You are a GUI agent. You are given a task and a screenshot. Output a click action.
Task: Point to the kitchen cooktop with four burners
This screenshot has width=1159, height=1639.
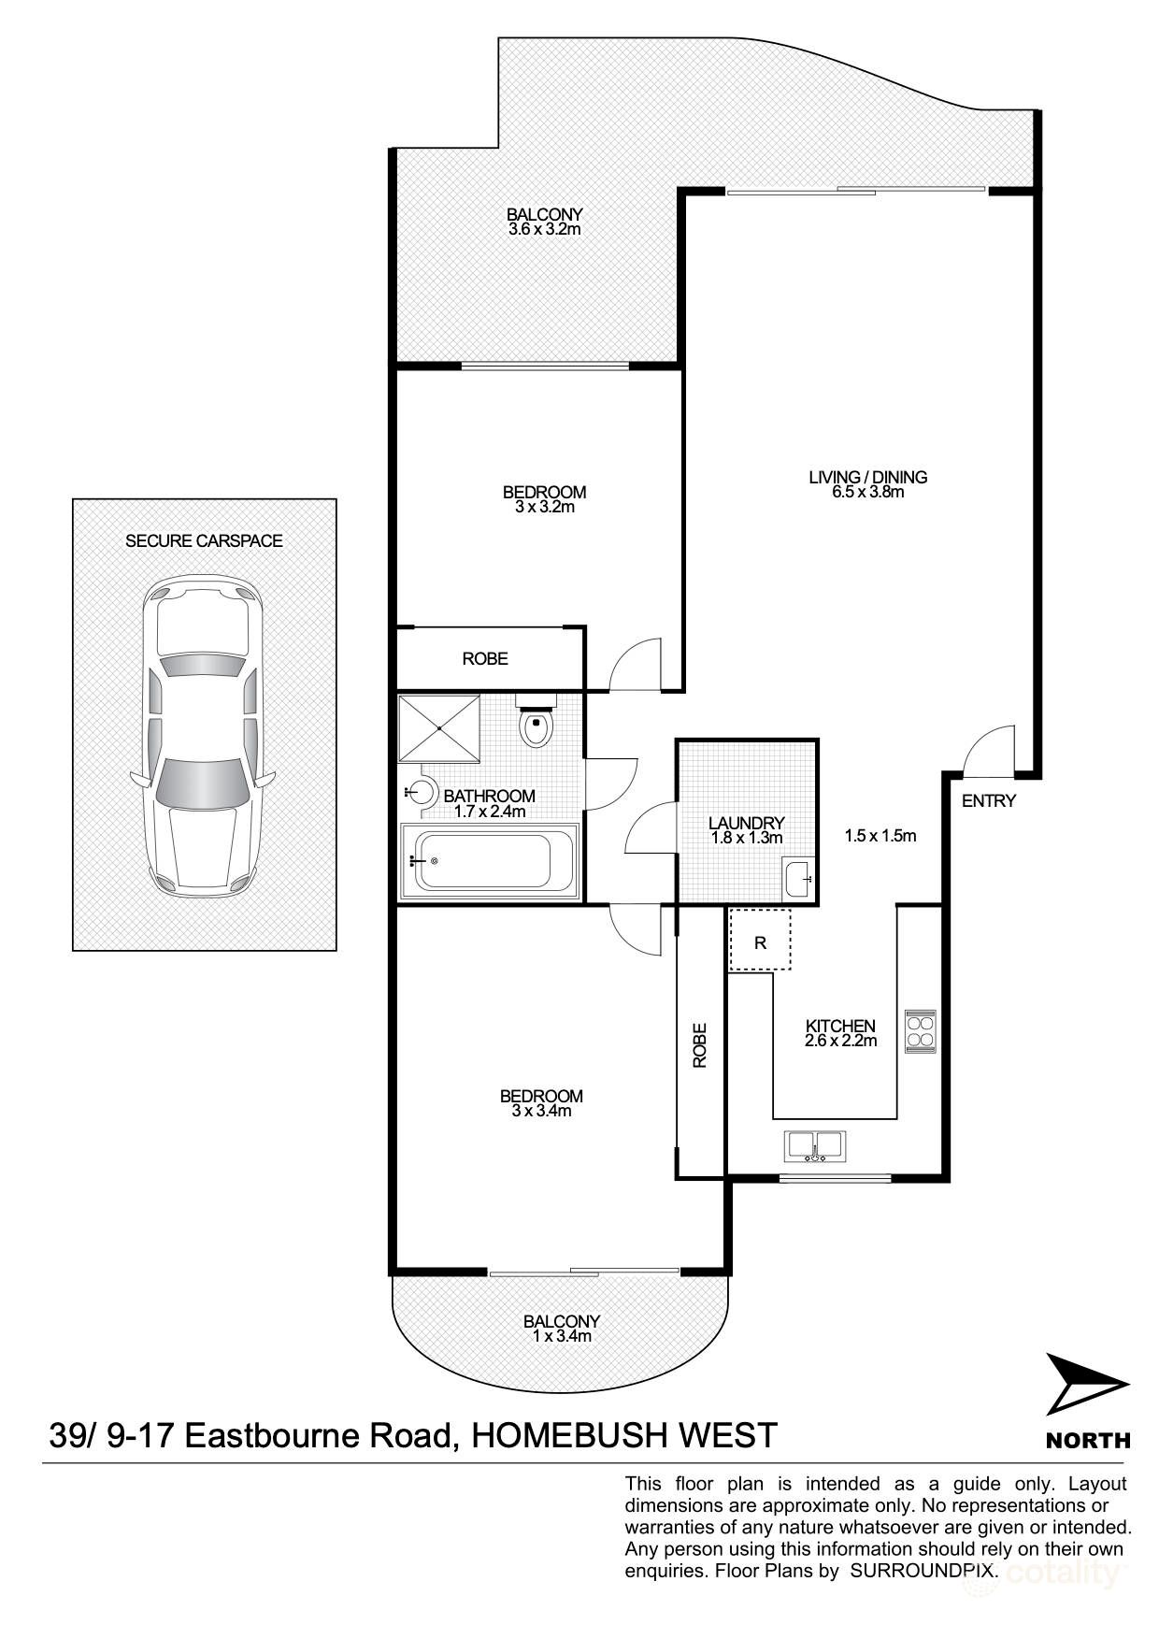920,1030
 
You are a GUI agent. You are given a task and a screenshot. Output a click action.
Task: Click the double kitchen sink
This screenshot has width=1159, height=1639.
815,1145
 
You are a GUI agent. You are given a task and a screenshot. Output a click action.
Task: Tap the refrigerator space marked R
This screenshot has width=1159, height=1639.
760,942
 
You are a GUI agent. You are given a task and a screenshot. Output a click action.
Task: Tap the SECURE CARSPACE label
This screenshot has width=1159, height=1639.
204,540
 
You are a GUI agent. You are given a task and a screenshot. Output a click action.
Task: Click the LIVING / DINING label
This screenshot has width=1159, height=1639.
867,477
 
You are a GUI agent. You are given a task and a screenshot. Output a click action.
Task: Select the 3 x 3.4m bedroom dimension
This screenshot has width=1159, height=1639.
541,1111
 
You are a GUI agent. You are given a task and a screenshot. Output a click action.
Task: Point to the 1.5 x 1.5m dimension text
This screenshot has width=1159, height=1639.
880,836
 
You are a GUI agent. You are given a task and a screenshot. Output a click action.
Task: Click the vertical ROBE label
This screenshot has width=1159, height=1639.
700,1045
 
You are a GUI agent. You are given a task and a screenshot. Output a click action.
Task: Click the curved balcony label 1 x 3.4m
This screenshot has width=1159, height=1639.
561,1336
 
